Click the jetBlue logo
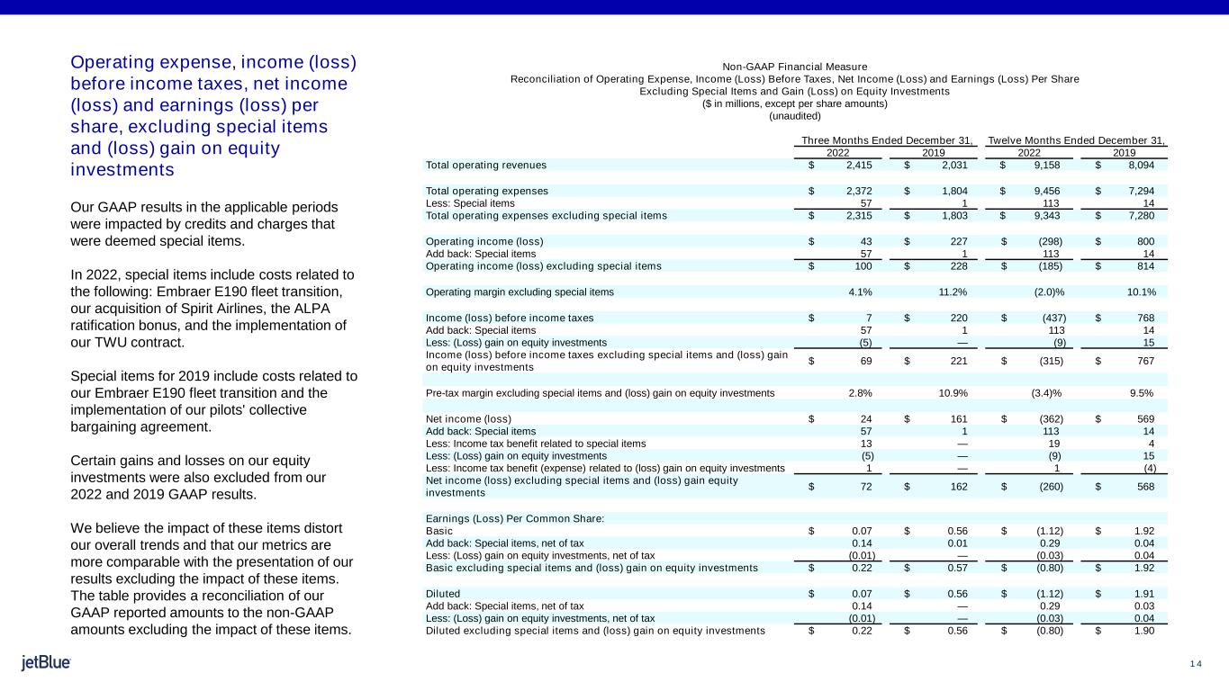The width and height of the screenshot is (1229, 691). click(46, 663)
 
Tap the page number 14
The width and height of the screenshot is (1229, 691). click(1196, 664)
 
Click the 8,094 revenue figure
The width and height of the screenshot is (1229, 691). click(1138, 165)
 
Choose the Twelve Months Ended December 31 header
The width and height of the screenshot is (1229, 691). click(1077, 140)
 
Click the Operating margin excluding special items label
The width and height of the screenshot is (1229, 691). click(520, 292)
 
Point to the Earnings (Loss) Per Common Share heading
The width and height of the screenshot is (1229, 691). click(514, 519)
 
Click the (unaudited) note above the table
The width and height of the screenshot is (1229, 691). click(794, 116)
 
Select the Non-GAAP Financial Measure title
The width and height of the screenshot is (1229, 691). click(794, 67)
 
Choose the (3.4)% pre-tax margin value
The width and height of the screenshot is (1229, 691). click(1044, 392)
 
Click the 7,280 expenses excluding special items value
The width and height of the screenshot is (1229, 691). click(1138, 216)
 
